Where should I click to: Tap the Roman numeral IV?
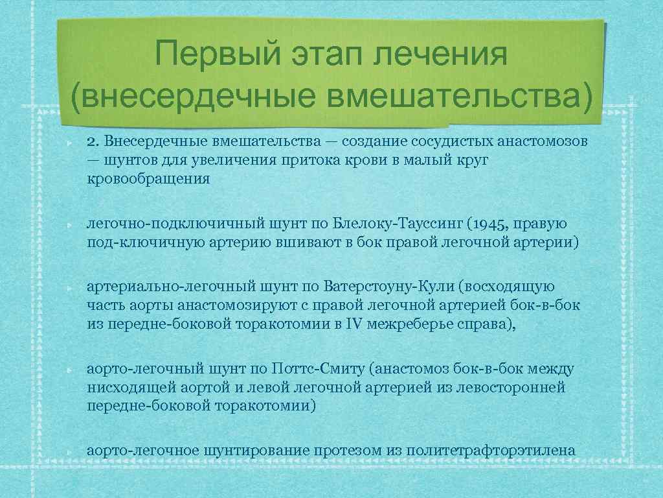pos(353,324)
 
